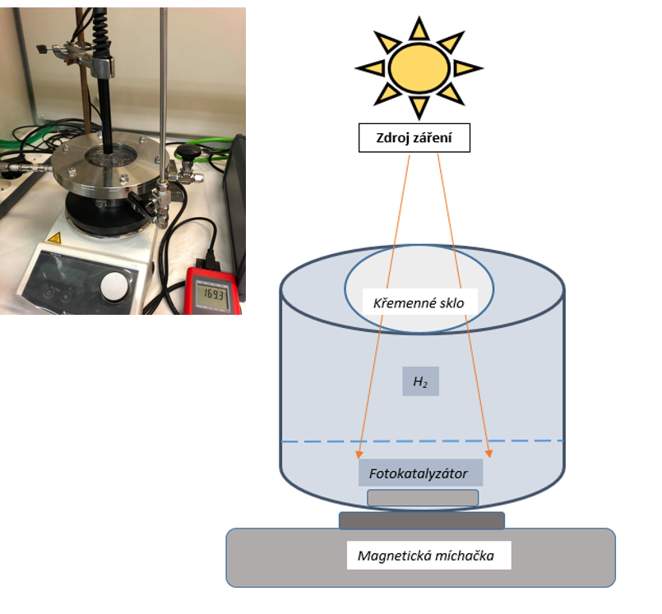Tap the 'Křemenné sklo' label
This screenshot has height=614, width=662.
click(419, 303)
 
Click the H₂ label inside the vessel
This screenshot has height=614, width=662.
click(420, 381)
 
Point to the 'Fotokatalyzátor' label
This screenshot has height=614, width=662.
click(419, 473)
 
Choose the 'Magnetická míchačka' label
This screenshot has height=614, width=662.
click(425, 556)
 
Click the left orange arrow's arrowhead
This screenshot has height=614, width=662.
click(359, 453)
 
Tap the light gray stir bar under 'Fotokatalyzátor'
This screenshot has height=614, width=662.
click(423, 498)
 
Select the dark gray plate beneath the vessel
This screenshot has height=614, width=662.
click(421, 520)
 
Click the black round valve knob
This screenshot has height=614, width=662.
click(192, 150)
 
